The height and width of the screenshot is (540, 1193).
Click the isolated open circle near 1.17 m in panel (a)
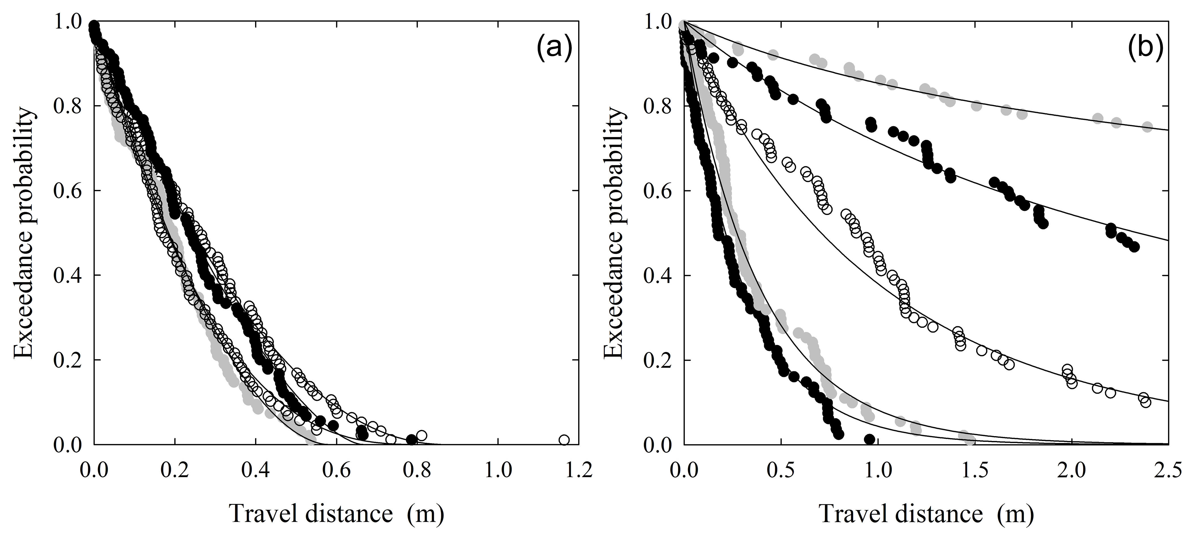click(564, 440)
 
